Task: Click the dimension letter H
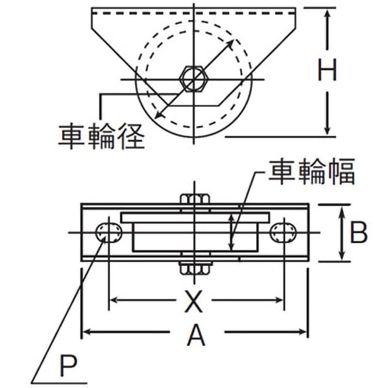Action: point(327,70)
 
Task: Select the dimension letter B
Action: point(358,233)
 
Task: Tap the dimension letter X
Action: point(194,301)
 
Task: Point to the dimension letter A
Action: point(196,336)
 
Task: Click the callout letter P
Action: point(68,366)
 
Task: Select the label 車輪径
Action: point(101,137)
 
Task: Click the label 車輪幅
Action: point(312,172)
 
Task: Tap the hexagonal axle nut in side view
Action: point(194,79)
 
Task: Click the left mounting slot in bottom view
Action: point(109,233)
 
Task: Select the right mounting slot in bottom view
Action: point(284,233)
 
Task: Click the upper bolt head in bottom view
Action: point(195,199)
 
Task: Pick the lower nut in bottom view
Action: point(195,268)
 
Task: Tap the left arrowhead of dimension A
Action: point(86,332)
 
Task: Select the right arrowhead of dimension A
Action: point(303,332)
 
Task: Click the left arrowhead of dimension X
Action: point(114,300)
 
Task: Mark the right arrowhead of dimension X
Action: point(278,300)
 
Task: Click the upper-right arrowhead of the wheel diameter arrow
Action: point(230,43)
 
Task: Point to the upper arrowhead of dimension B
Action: point(342,211)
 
